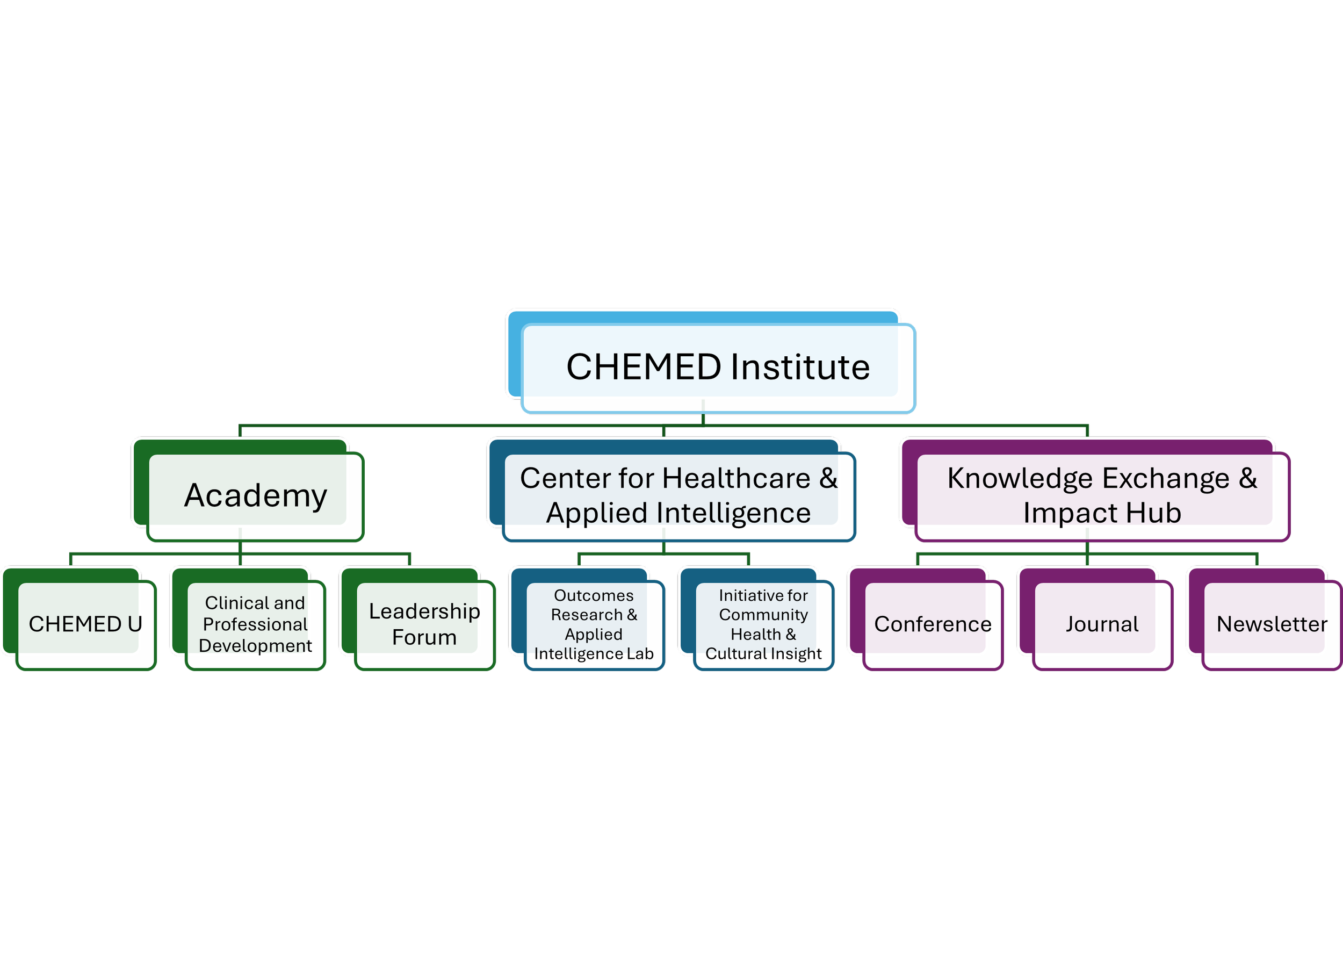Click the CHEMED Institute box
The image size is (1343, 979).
718,367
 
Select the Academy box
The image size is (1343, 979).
255,495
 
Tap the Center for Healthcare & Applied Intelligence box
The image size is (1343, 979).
678,495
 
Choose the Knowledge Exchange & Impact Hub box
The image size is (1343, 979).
1102,495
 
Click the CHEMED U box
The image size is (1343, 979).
85,624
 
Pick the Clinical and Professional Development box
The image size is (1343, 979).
255,624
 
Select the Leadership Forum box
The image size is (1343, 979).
425,624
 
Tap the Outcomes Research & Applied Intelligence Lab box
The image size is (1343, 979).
594,624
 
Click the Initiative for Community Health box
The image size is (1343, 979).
763,624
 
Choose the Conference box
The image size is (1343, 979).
933,624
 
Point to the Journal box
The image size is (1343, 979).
1102,624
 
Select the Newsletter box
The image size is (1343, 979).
1272,624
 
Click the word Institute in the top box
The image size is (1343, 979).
800,367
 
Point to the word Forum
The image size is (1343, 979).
424,637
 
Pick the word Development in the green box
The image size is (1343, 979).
255,645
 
